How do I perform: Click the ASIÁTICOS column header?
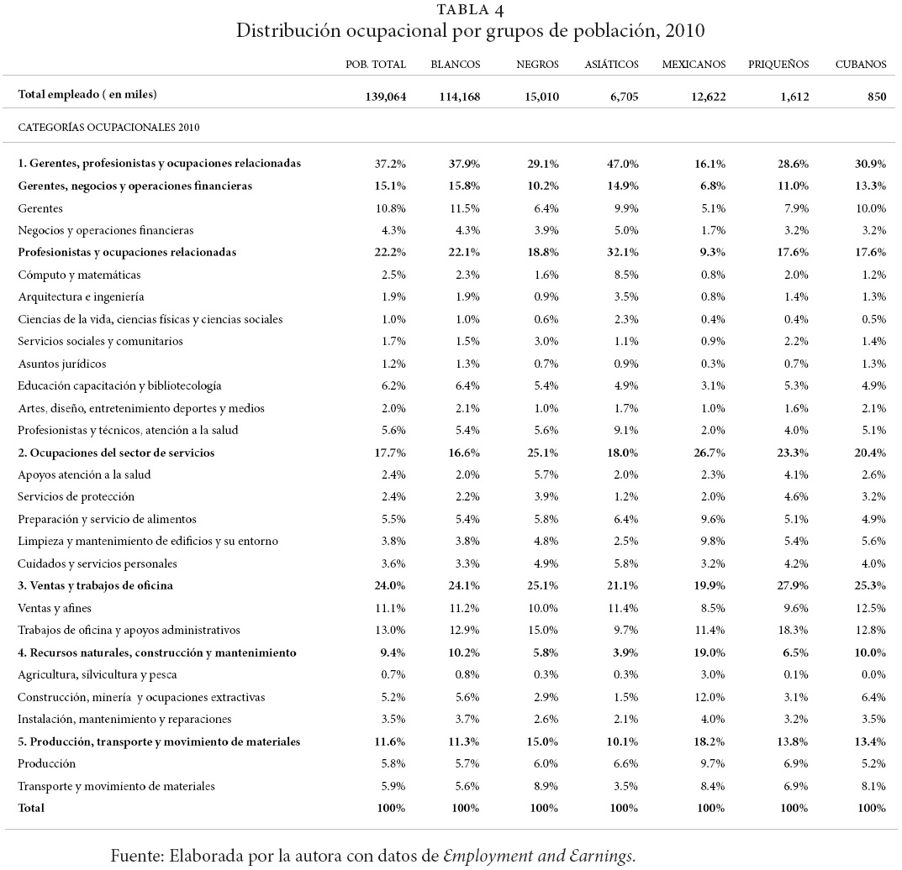tap(611, 65)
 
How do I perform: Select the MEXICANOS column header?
tap(694, 65)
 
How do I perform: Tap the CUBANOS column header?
tap(860, 65)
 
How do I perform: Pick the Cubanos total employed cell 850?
tap(877, 96)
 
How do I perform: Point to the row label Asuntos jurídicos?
tap(61, 364)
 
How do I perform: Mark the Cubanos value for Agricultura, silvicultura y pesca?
tap(873, 674)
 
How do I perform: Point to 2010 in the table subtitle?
tap(682, 32)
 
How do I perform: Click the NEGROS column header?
tap(536, 65)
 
